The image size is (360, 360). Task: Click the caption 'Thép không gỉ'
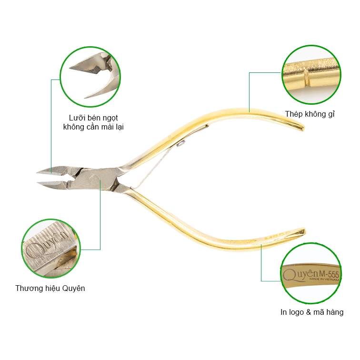310,114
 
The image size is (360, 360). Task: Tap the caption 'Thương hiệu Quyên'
50,288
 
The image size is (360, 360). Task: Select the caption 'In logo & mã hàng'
312,312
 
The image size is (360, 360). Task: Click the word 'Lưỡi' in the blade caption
76,118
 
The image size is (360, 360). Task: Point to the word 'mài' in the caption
106,127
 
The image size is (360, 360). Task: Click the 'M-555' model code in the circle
329,274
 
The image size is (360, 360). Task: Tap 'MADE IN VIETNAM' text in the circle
324,279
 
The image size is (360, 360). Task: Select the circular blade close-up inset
90,77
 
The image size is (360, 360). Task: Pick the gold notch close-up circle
311,75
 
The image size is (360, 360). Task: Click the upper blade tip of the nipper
37,172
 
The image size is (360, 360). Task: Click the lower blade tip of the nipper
38,183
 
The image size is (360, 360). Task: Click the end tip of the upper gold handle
303,128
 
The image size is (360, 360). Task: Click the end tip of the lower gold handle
304,231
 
